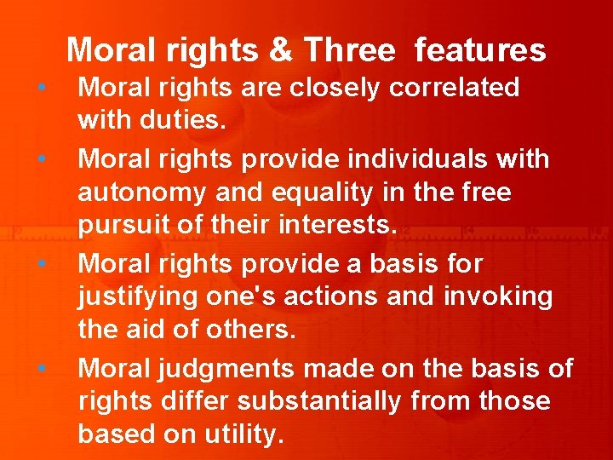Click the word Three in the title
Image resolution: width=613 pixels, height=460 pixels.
349,51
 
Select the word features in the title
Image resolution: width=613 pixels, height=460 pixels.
480,51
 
